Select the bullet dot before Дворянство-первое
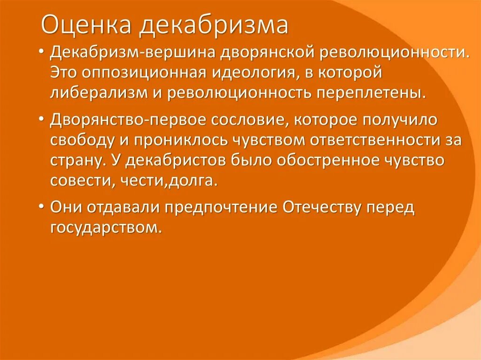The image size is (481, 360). click(43, 120)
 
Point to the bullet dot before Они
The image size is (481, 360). click(43, 208)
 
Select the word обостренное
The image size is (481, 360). click(326, 160)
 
